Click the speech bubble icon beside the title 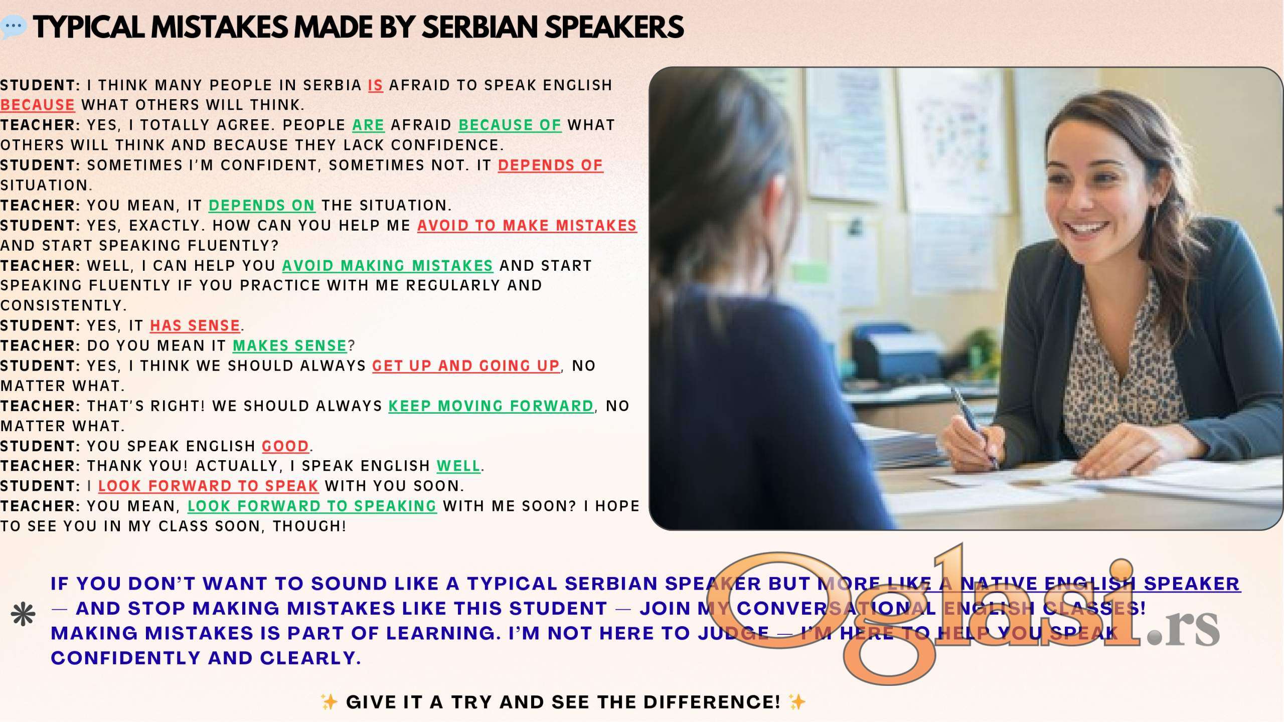pos(14,27)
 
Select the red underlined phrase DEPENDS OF pos(550,165)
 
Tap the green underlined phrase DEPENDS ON pos(262,206)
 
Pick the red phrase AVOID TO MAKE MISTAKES pos(527,226)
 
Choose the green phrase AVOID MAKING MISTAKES pos(388,266)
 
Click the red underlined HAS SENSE pos(195,326)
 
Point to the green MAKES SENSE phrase pos(290,346)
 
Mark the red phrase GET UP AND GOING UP pos(465,366)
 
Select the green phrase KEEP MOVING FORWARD pos(491,406)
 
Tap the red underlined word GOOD pos(285,446)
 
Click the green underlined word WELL pos(458,466)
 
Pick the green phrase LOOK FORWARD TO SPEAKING pos(312,506)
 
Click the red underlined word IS pos(376,85)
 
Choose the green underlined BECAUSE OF pos(510,125)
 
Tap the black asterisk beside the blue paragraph pos(23,615)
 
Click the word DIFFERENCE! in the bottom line pos(712,702)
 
